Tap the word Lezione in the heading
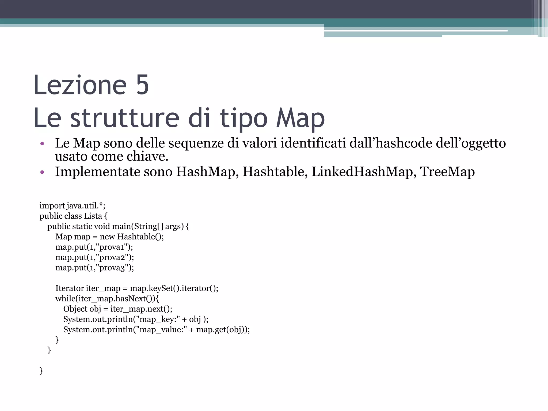click(80, 85)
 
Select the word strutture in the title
click(125, 118)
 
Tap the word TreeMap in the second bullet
click(447, 172)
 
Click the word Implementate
click(97, 172)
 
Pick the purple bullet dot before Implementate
click(42, 172)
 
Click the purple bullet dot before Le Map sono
click(42, 144)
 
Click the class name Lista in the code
click(93, 216)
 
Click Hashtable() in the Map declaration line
click(140, 237)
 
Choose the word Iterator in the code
click(70, 288)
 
